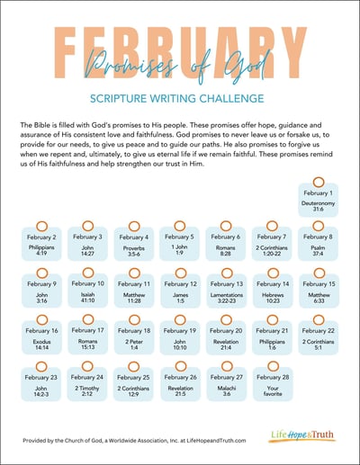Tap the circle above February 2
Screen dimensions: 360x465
[x=41, y=226]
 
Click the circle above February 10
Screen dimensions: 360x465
[x=88, y=273]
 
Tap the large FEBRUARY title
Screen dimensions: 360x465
[x=180, y=49]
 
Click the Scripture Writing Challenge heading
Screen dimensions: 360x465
[x=180, y=98]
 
